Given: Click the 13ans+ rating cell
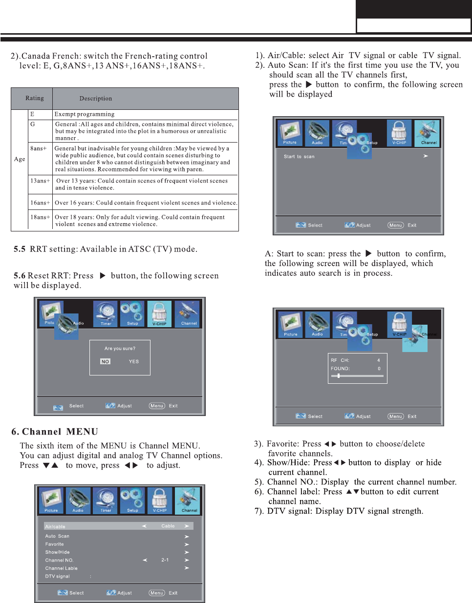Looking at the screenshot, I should point(40,181).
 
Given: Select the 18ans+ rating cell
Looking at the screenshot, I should point(40,217).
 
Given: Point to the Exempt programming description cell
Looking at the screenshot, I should point(85,114).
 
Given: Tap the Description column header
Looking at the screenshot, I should point(96,99).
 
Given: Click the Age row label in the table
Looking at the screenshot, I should point(20,159).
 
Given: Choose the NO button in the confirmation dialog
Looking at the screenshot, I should point(105,362).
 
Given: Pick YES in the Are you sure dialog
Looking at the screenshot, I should point(134,362).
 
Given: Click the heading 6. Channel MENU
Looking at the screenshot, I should point(55,432).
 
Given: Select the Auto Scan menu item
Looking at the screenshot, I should point(57,536).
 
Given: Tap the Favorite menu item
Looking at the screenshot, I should point(55,544).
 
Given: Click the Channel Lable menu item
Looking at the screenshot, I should point(62,568).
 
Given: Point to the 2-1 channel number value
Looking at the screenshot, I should point(165,560).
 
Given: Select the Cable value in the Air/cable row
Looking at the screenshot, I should point(168,526).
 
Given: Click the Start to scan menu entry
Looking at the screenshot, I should point(299,157).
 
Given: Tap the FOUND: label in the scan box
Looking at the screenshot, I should point(340,369).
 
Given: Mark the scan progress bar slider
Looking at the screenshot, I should point(339,376).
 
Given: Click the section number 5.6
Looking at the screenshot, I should point(20,276).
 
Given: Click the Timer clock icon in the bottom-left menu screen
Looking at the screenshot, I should point(105,500).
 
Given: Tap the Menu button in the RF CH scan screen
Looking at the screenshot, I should point(396,416).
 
